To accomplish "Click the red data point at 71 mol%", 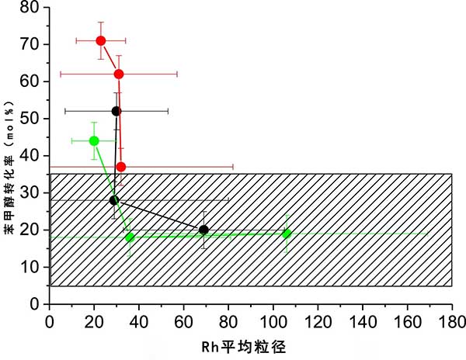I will (x=101, y=40).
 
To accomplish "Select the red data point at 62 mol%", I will (x=119, y=74).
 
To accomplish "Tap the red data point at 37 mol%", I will (x=120, y=167).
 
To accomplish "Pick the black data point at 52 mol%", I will (x=116, y=111).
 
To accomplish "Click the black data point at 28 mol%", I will (x=114, y=200).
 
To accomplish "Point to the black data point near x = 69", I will (x=203, y=230).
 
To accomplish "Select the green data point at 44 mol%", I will (x=94, y=140).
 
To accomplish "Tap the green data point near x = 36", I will (x=130, y=237).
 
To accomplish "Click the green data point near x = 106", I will (x=287, y=234).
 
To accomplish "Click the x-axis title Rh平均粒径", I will (x=248, y=347).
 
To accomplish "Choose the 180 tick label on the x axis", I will (x=451, y=320).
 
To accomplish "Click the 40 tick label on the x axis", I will (x=138, y=320).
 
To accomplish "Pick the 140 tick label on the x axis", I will (x=362, y=320).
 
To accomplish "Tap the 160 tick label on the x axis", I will (x=407, y=320).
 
